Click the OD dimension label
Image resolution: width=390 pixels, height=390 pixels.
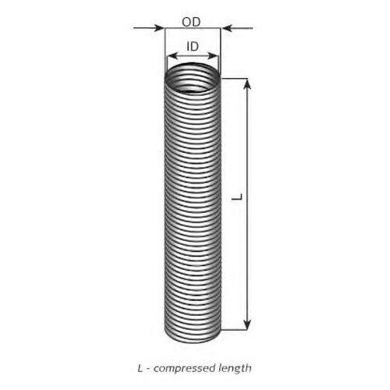click(x=191, y=22)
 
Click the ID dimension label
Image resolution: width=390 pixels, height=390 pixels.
click(x=193, y=47)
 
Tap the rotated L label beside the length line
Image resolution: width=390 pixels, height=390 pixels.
click(x=237, y=197)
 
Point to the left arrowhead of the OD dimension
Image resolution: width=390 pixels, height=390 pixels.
click(x=159, y=28)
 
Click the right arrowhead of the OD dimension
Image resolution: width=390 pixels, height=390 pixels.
click(x=226, y=28)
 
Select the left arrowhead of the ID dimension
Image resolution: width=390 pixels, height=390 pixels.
click(x=172, y=56)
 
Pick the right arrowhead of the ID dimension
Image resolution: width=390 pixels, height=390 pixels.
click(x=212, y=56)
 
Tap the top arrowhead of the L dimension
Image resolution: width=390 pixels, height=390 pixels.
click(x=247, y=83)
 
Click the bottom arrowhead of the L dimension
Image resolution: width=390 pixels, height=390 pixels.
click(x=247, y=324)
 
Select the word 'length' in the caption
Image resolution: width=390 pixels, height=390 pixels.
click(x=236, y=368)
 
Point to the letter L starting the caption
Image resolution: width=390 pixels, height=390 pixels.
click(x=140, y=368)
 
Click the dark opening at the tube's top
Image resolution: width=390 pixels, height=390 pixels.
click(x=193, y=78)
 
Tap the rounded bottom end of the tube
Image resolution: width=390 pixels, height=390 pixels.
click(x=193, y=339)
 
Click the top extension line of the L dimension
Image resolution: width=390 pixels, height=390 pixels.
click(x=234, y=78)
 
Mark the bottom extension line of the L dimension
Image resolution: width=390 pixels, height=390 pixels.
click(x=234, y=330)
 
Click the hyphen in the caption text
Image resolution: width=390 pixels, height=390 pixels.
click(x=148, y=370)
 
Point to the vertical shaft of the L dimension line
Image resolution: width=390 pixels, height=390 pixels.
click(x=247, y=204)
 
